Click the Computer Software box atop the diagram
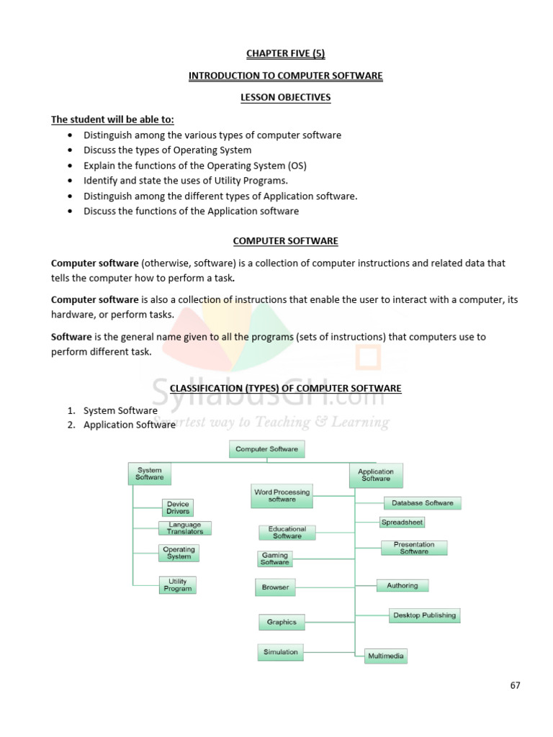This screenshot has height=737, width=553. (x=267, y=449)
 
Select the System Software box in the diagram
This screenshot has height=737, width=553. (x=150, y=474)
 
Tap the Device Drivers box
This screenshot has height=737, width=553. (x=178, y=507)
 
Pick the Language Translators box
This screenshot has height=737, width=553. (x=185, y=528)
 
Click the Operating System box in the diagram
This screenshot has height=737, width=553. (x=179, y=553)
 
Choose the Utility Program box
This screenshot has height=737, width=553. (x=178, y=584)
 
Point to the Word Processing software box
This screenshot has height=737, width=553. (x=282, y=496)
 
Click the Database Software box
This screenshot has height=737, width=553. (x=422, y=503)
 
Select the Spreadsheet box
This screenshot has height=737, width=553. (x=402, y=522)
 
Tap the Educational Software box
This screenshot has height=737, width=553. (x=287, y=532)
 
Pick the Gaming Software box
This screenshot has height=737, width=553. (x=275, y=559)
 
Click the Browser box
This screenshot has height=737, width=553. (x=275, y=587)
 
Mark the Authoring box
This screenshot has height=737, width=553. (x=402, y=585)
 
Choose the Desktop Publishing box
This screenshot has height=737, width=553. (x=424, y=615)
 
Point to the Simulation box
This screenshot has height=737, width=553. (x=280, y=652)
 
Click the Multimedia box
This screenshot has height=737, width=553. (x=386, y=656)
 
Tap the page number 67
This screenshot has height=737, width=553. (x=515, y=685)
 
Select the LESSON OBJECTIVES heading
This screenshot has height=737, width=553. (x=286, y=98)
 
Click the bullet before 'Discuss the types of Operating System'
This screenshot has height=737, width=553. (x=68, y=150)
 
